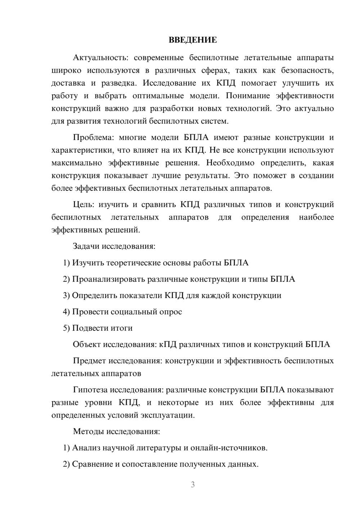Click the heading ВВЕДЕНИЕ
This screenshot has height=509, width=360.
[193, 40]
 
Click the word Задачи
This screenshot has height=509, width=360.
[86, 247]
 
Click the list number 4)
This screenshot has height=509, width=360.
[66, 312]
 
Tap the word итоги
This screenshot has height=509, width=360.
[122, 328]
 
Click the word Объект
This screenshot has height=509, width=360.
[87, 344]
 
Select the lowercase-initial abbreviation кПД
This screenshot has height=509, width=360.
[168, 344]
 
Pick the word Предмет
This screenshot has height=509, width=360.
[89, 361]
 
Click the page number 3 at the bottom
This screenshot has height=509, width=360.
[193, 485]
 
